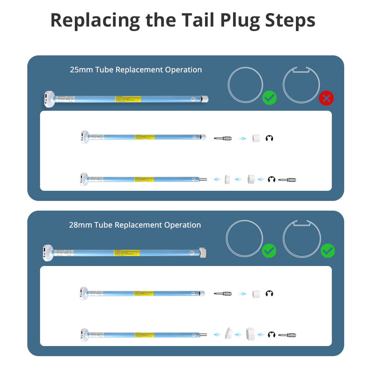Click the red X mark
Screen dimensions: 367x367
(x=326, y=98)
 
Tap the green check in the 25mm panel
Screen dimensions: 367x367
(x=269, y=98)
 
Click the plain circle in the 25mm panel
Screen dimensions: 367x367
(x=246, y=85)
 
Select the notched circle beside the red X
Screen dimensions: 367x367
(x=301, y=85)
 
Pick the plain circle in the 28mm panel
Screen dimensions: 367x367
(x=244, y=238)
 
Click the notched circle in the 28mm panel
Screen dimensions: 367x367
(x=302, y=239)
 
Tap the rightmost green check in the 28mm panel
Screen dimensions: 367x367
(x=328, y=251)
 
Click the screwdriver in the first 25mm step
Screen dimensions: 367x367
(x=223, y=138)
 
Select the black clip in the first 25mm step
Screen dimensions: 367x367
(x=269, y=138)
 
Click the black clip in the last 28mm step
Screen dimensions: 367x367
(x=271, y=334)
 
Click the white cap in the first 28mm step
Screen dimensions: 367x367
(x=256, y=294)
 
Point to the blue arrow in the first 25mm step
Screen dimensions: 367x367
(x=242, y=138)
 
